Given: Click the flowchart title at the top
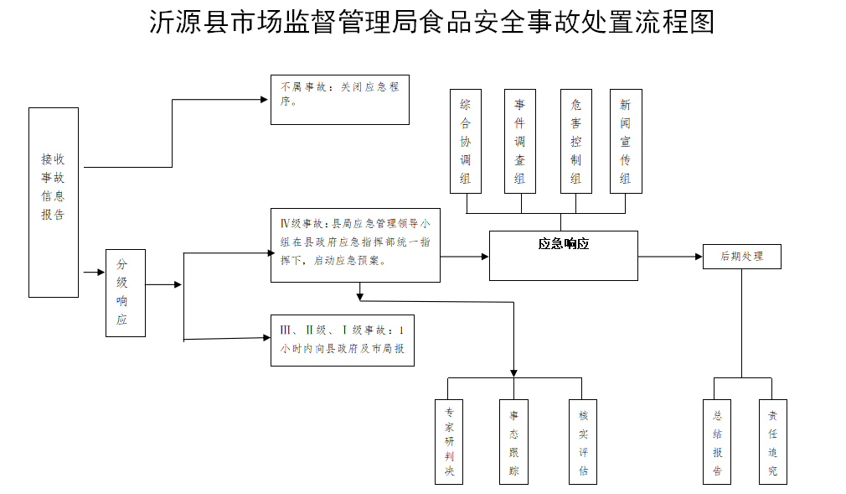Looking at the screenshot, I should click(431, 23).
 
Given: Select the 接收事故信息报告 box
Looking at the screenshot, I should click(54, 202).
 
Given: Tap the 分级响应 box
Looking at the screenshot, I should click(125, 293).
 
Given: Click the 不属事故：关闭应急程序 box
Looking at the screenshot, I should click(339, 100).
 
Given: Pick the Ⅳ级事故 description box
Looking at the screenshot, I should click(355, 244).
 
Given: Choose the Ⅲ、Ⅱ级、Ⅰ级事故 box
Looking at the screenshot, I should click(342, 340).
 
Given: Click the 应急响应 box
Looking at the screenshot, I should click(563, 255).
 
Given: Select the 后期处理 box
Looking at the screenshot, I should click(742, 257).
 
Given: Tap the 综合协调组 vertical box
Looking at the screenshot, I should click(466, 141).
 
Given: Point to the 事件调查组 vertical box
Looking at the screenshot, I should click(520, 141).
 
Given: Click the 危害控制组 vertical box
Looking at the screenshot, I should click(575, 141).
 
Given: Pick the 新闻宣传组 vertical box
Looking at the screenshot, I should click(625, 141).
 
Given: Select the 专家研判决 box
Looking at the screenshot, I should click(449, 442).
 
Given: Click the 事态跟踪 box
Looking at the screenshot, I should click(513, 442).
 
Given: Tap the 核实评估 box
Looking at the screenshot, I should click(583, 442).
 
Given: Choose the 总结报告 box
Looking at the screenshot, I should click(717, 442).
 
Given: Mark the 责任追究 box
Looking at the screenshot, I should click(772, 442).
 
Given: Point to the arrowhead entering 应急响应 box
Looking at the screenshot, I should click(484, 256).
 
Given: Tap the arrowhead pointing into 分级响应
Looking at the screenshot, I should click(101, 272).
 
